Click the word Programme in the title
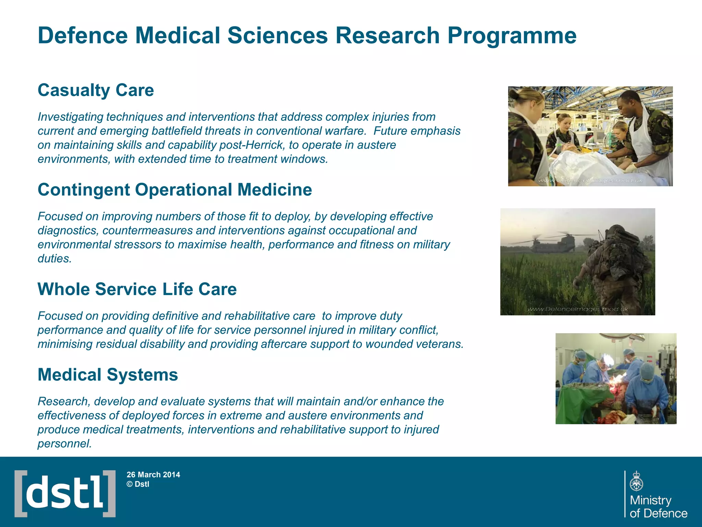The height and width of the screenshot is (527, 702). click(x=511, y=36)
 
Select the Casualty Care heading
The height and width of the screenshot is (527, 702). click(x=96, y=90)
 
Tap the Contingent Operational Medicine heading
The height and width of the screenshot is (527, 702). click(x=174, y=190)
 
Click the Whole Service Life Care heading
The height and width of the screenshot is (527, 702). click(x=137, y=289)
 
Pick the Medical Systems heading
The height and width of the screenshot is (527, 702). click(x=108, y=375)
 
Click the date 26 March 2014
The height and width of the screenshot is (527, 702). click(x=153, y=475)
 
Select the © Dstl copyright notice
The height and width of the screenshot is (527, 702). click(x=138, y=484)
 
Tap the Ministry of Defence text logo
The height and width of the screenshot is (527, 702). click(x=658, y=507)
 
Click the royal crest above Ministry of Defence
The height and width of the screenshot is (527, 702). click(x=636, y=482)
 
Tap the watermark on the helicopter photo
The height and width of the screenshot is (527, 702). click(x=577, y=309)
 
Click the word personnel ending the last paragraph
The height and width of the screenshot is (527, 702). click(x=64, y=444)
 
